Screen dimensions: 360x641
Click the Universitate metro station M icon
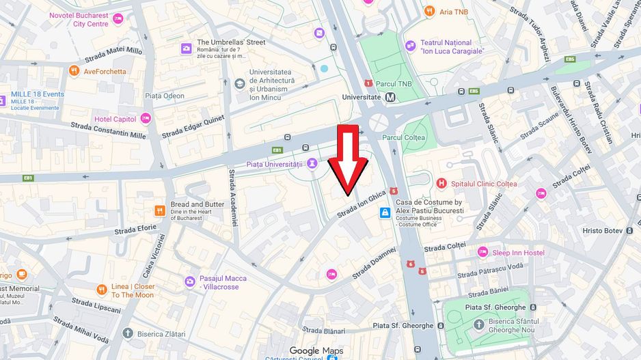(390, 97)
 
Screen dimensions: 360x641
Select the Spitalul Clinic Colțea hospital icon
(441, 183)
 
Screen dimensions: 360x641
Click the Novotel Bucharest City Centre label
(79, 19)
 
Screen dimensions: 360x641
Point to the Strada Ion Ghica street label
(362, 204)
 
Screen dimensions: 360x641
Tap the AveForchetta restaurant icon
(74, 70)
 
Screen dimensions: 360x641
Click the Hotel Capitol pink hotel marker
(146, 119)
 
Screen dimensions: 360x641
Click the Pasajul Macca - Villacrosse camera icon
(189, 281)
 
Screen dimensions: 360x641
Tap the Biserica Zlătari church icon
(127, 333)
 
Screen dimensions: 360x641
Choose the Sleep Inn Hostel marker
(482, 253)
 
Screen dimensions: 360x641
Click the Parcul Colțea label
(403, 137)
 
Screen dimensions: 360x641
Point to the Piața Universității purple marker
(312, 164)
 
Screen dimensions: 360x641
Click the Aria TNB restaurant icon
(428, 11)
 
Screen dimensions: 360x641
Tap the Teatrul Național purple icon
(410, 46)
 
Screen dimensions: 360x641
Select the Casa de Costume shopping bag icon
(385, 212)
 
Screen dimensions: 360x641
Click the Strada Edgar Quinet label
(193, 126)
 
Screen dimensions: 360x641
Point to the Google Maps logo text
(316, 350)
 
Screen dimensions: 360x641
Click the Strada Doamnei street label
(374, 263)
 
